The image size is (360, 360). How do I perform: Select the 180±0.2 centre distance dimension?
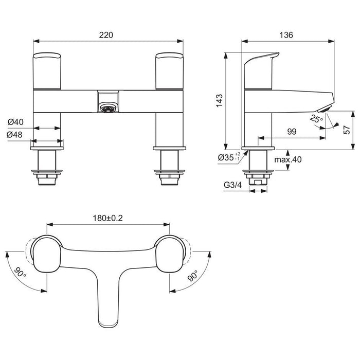tap(109, 218)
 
